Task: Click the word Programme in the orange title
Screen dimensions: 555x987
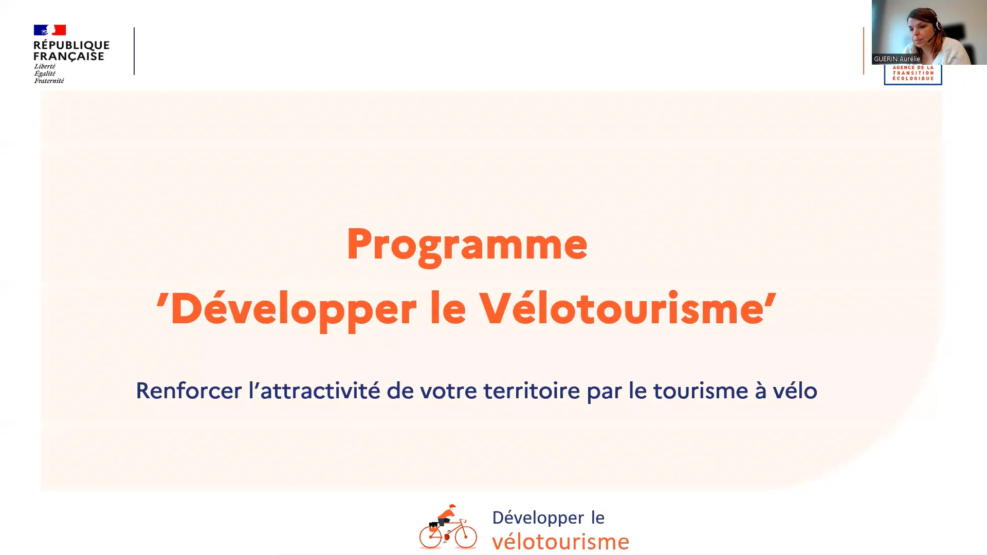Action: pyautogui.click(x=467, y=245)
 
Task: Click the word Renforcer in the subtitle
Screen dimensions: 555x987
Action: pyautogui.click(x=189, y=391)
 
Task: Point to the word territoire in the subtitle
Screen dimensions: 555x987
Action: pyautogui.click(x=532, y=391)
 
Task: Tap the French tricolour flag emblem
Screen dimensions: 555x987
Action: pyautogui.click(x=50, y=30)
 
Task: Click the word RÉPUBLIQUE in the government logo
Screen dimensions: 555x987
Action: pyautogui.click(x=71, y=45)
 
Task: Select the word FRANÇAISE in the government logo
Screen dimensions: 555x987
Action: pyautogui.click(x=69, y=57)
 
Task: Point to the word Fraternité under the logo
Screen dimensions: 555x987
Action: pyautogui.click(x=49, y=81)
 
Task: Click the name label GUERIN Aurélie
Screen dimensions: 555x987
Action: pyautogui.click(x=897, y=59)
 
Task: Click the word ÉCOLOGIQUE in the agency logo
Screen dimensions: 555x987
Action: pyautogui.click(x=913, y=78)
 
